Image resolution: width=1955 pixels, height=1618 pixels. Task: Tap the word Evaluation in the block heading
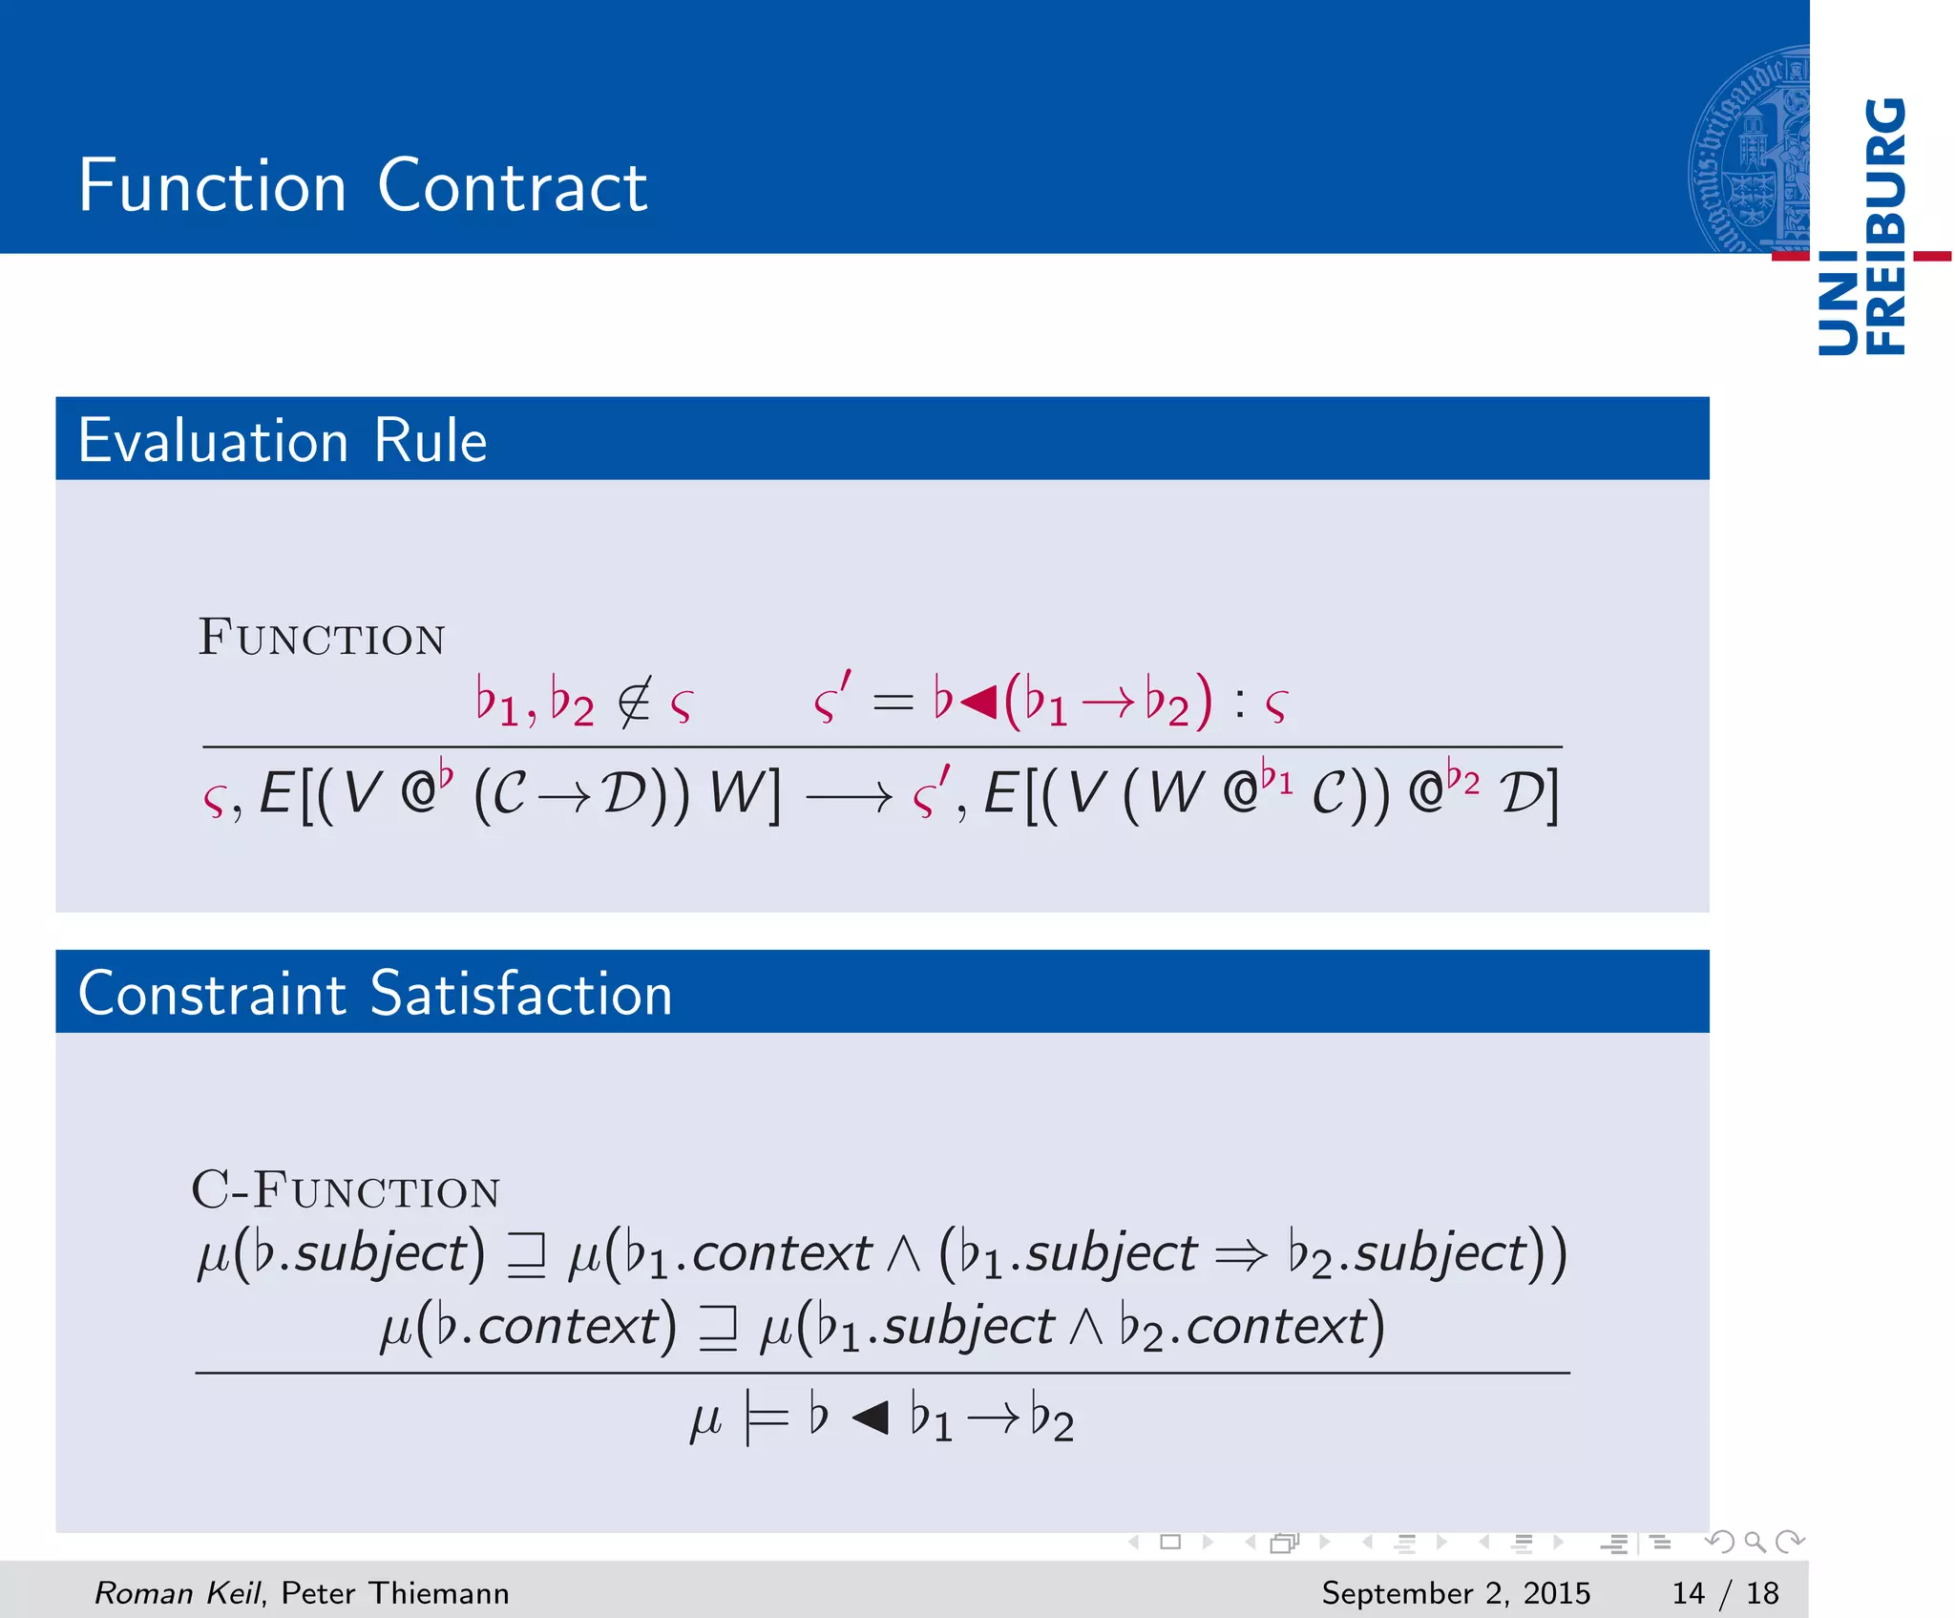(213, 441)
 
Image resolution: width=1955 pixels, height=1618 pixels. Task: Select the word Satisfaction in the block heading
(520, 994)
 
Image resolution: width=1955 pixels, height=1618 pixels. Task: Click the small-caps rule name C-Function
(346, 1190)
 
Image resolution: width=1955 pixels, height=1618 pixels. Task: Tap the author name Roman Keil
(177, 1592)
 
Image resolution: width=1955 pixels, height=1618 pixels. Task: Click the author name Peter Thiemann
(395, 1592)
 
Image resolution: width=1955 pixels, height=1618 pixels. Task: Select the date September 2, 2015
(1456, 1592)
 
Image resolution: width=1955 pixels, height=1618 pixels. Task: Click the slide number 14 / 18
(1725, 1592)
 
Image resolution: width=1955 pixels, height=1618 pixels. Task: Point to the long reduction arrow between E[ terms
(849, 796)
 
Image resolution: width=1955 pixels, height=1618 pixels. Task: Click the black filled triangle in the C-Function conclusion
(870, 1418)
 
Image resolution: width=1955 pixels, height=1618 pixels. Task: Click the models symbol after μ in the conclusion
(766, 1419)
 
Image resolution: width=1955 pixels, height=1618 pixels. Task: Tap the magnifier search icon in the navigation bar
(1755, 1542)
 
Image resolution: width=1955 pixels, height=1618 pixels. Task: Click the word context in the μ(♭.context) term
(569, 1327)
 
